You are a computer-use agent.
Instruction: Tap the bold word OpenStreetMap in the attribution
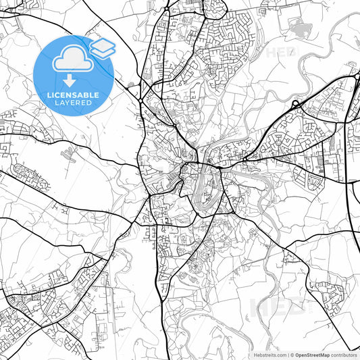313,355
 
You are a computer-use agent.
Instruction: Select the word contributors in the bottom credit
345,355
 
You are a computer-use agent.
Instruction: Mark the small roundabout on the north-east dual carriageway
296,104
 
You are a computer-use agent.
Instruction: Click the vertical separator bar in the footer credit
288,355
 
